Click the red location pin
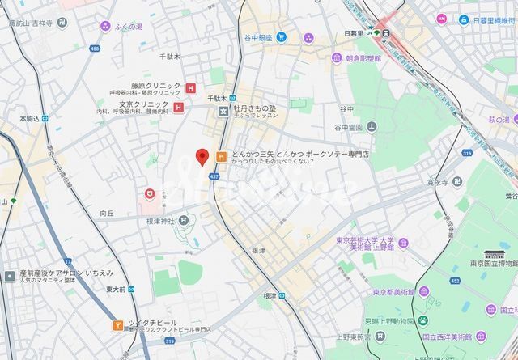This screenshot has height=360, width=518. tap(202, 156)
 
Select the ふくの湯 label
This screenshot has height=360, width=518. tap(128, 27)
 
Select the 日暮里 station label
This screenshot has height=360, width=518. tap(353, 33)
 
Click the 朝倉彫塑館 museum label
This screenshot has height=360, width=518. tap(368, 58)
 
